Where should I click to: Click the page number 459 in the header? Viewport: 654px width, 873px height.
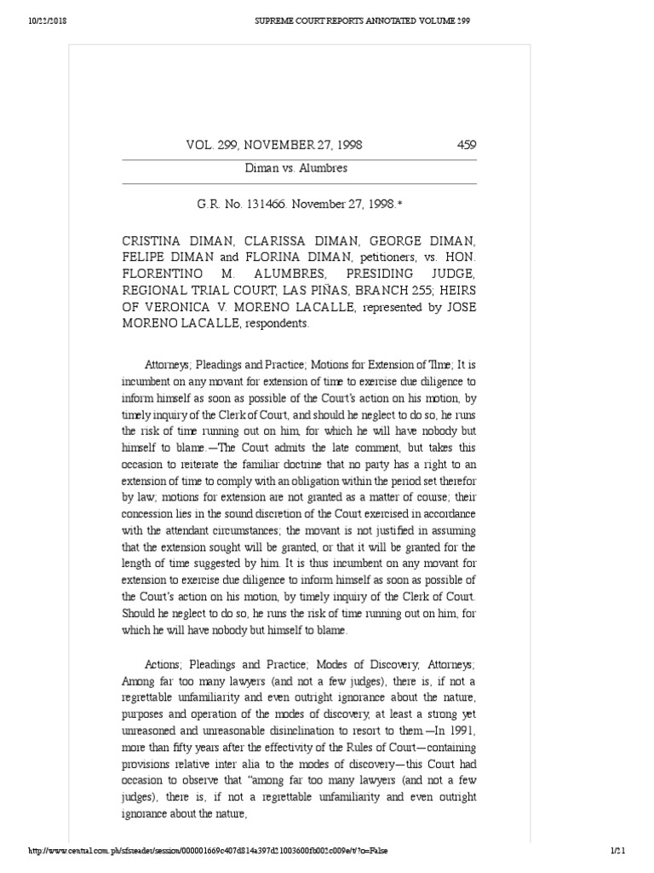point(466,145)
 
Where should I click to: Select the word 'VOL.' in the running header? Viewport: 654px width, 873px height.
point(199,145)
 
